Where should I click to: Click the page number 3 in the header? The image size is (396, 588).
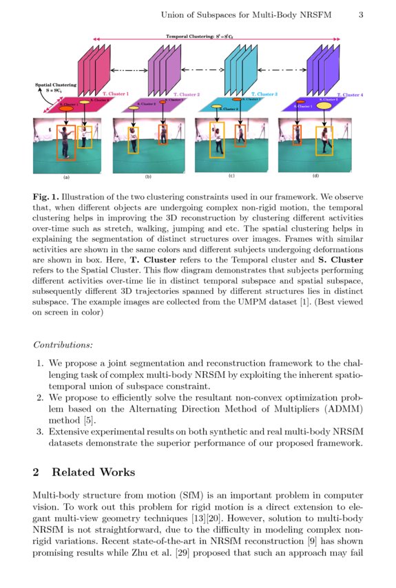[362, 14]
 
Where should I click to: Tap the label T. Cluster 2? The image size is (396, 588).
[186, 94]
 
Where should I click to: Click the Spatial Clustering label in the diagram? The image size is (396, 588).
[56, 87]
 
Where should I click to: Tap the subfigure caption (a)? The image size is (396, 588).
[66, 177]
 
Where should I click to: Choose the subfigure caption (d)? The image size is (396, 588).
[315, 177]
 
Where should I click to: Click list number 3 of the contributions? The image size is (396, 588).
[40, 432]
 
